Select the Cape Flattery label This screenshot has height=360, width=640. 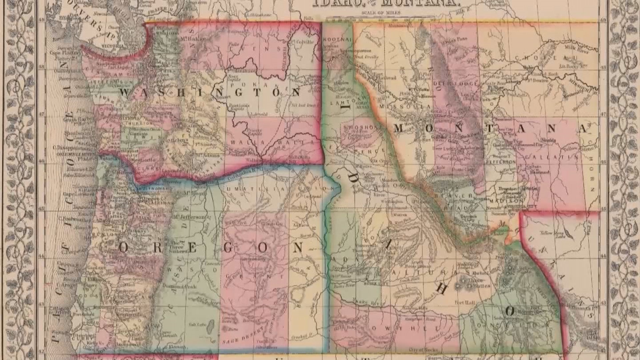click(x=64, y=52)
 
